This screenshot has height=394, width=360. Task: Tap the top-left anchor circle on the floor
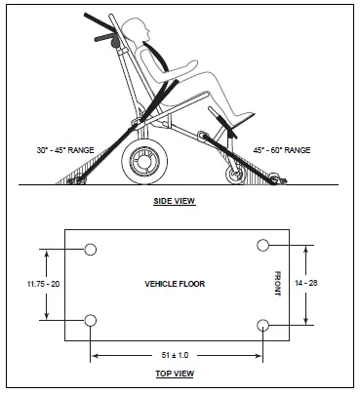pos(90,249)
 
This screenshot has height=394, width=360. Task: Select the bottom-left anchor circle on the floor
pos(90,321)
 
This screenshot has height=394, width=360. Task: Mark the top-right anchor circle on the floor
pos(262,244)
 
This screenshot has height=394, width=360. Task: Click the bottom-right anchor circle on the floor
pos(262,324)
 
